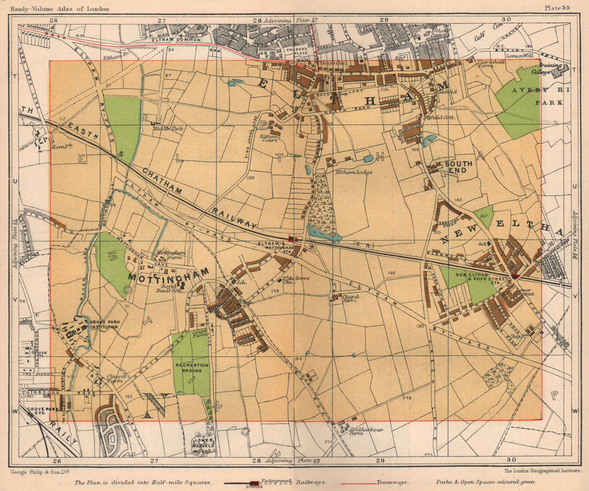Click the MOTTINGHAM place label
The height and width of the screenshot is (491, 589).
coord(169,273)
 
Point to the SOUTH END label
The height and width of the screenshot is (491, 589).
coord(459,167)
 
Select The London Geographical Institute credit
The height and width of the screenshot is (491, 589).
coord(538,471)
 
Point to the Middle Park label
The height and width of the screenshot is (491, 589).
coord(162,127)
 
